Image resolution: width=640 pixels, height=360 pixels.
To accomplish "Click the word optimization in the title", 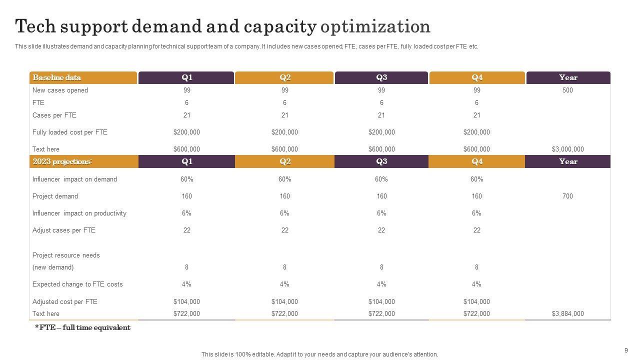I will tap(375, 26).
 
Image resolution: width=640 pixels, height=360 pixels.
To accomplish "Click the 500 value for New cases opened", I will tap(567, 90).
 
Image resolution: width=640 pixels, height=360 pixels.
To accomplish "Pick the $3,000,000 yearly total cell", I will tap(567, 149).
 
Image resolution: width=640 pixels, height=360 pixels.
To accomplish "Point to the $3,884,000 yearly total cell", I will tap(567, 314).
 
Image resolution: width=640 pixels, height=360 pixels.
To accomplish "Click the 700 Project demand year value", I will tap(567, 196).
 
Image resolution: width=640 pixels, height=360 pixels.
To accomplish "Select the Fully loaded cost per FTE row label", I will tap(70, 132).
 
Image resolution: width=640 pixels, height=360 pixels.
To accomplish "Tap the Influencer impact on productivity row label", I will tap(79, 213).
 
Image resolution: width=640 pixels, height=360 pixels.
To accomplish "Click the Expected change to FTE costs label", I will tap(77, 284).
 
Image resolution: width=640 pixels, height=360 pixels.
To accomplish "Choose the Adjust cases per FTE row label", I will tap(64, 230).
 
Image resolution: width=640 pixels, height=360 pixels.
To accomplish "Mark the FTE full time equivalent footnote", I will tap(82, 328).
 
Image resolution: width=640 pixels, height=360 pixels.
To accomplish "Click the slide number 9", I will tap(626, 350).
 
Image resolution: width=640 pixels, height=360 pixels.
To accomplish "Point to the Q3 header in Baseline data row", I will tap(381, 77).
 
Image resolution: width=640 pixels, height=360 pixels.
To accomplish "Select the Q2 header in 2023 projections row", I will tap(285, 161).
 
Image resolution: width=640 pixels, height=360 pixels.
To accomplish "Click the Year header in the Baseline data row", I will tap(568, 77).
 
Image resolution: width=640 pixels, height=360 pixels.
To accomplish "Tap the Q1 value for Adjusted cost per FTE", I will tap(186, 302).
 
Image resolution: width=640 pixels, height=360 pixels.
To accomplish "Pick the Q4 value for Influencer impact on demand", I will tap(476, 179).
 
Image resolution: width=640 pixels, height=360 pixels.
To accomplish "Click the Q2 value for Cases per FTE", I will tap(284, 115).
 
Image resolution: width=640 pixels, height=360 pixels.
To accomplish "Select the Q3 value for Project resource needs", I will tap(381, 267).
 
